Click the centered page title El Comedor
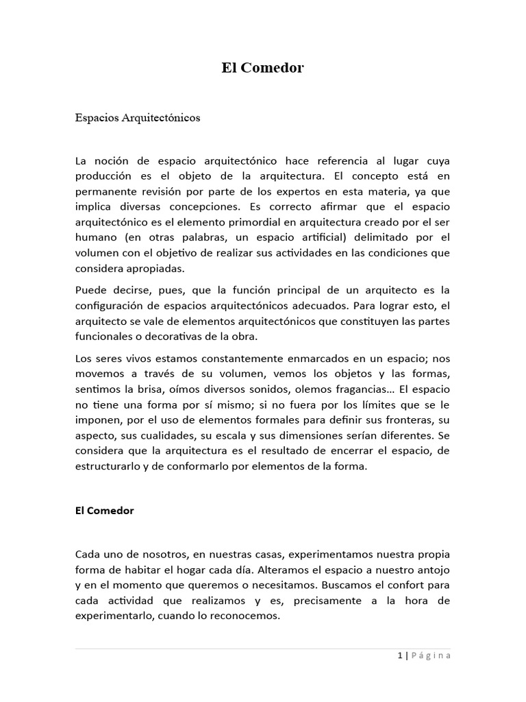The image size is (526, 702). tap(262, 68)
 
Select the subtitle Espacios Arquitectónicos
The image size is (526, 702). tap(138, 118)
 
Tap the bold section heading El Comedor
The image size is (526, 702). tap(105, 510)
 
